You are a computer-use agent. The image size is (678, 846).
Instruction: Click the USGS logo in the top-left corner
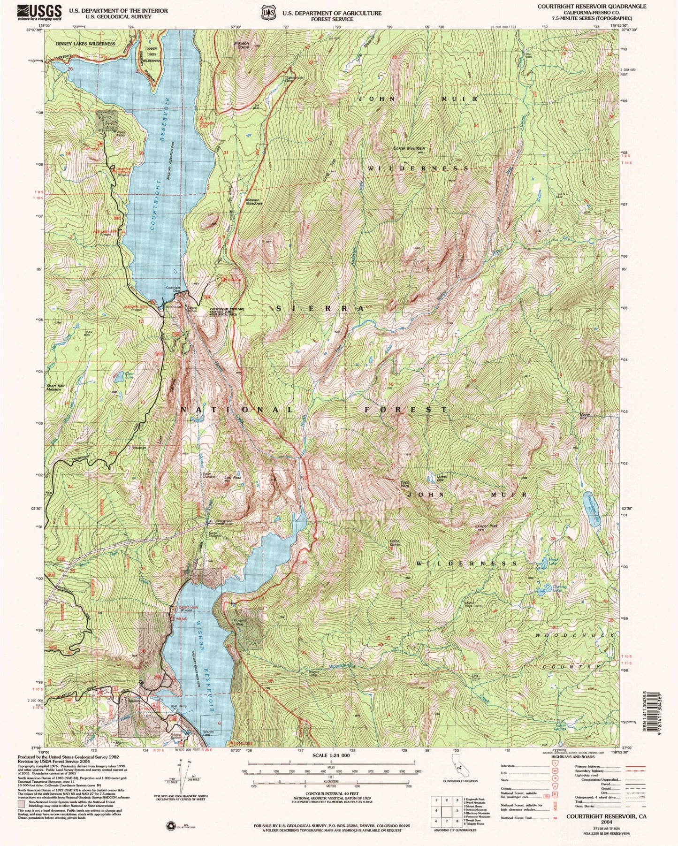[39, 12]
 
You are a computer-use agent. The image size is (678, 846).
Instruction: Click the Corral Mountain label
[409, 148]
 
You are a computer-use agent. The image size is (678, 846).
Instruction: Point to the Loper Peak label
[488, 526]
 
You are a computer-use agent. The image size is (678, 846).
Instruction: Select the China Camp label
[395, 543]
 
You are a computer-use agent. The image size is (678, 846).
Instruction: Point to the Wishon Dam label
[209, 732]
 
